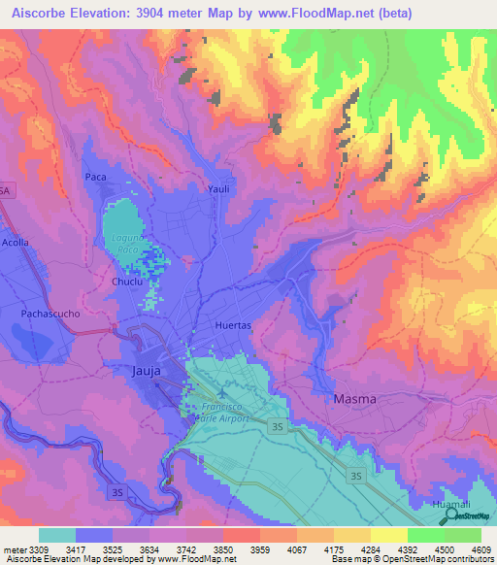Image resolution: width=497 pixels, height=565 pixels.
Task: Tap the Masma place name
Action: point(353,399)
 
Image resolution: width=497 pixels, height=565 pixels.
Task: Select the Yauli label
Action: point(217,189)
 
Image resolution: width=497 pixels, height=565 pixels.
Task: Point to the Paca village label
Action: point(95,177)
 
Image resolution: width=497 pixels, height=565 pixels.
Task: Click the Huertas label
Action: point(233,325)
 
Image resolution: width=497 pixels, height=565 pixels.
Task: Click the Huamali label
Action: point(451,504)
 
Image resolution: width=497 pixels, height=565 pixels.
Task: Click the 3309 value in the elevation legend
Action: point(39,549)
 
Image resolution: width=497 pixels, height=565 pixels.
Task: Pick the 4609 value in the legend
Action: point(480,549)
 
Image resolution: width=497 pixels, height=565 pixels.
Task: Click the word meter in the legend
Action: point(15,549)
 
